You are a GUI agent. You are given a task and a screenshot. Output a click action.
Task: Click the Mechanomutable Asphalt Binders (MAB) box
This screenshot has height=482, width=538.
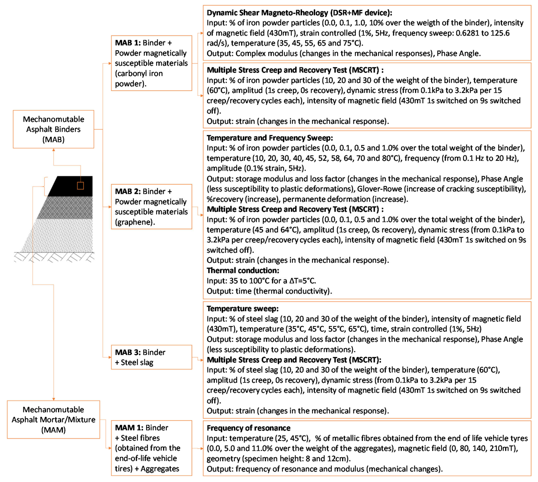pyautogui.click(x=53, y=129)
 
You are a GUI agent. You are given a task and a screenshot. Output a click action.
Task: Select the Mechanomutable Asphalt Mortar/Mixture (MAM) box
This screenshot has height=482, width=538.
pyautogui.click(x=53, y=420)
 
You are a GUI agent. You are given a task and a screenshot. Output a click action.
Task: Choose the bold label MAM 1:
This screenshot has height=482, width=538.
pyautogui.click(x=129, y=428)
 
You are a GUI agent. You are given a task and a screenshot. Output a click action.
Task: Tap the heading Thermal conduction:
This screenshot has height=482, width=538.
pyautogui.click(x=243, y=270)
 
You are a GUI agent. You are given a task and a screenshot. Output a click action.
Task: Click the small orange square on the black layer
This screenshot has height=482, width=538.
pyautogui.click(x=80, y=186)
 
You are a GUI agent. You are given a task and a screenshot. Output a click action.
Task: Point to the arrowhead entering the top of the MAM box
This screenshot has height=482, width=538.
pyautogui.click(x=54, y=399)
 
